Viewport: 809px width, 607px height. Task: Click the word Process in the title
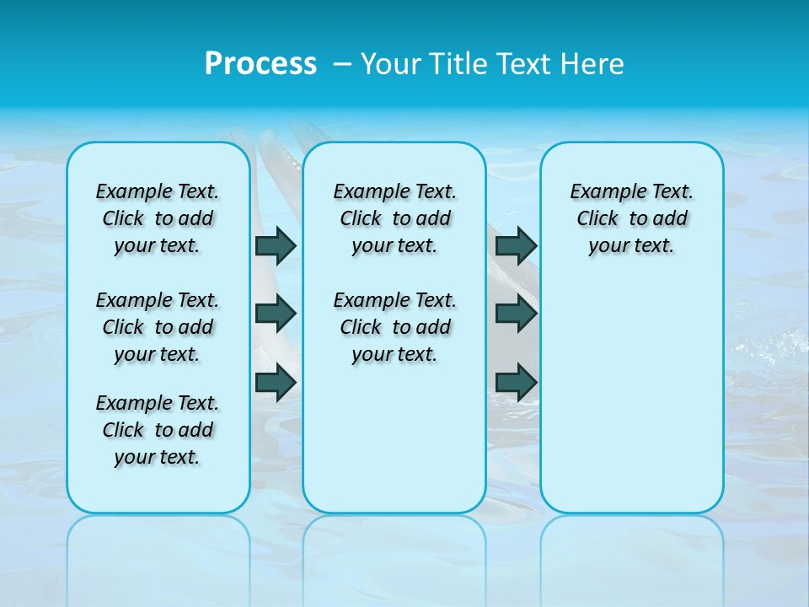260,64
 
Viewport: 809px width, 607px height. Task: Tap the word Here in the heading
593,64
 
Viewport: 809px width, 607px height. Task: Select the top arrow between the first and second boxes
276,245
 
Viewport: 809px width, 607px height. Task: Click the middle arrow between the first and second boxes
276,314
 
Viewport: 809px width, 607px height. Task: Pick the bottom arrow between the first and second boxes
276,382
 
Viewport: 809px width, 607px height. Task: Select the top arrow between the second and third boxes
516,245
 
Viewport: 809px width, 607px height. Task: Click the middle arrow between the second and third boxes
516,314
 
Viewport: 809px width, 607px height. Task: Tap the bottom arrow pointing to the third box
516,382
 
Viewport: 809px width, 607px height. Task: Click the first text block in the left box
158,218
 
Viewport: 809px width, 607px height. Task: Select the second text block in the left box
158,327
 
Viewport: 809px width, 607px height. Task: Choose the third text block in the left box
158,430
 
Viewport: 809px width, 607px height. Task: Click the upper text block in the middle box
394,218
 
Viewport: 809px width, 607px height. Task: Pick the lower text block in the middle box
394,327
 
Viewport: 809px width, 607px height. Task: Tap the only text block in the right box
631,218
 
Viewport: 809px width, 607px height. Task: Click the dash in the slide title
342,64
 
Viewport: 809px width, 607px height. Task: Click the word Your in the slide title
394,64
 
